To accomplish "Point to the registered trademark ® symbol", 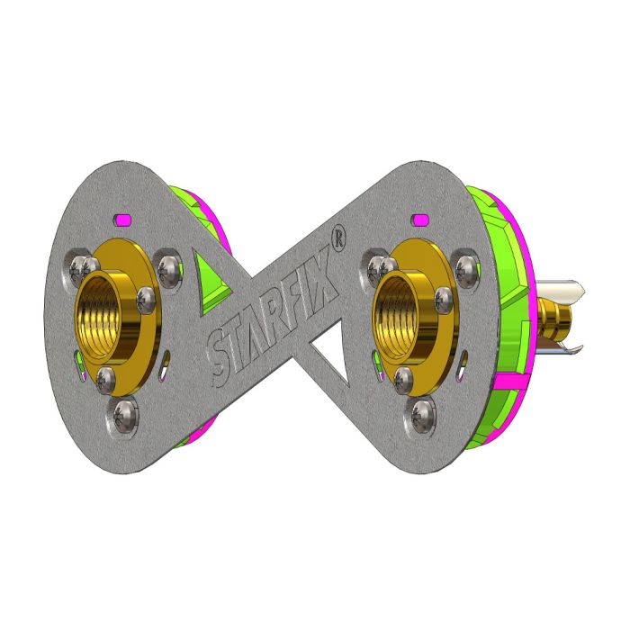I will (337, 238).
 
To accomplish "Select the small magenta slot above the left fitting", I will (124, 218).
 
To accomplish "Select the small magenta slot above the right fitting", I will (419, 218).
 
